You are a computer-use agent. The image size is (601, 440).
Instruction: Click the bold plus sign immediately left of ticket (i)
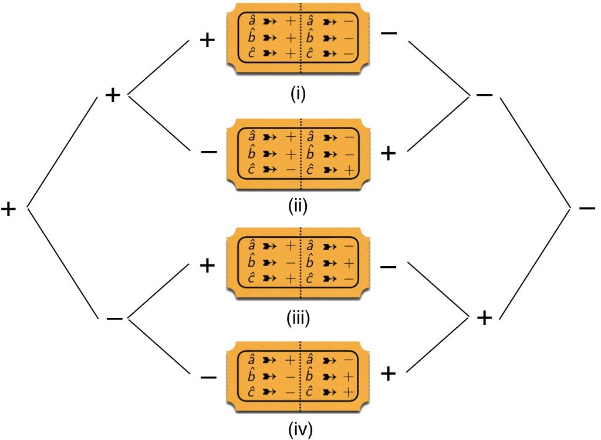[208, 42]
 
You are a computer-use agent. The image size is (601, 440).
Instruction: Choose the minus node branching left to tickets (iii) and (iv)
[114, 318]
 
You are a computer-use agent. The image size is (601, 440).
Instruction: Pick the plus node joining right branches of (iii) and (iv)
[484, 318]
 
